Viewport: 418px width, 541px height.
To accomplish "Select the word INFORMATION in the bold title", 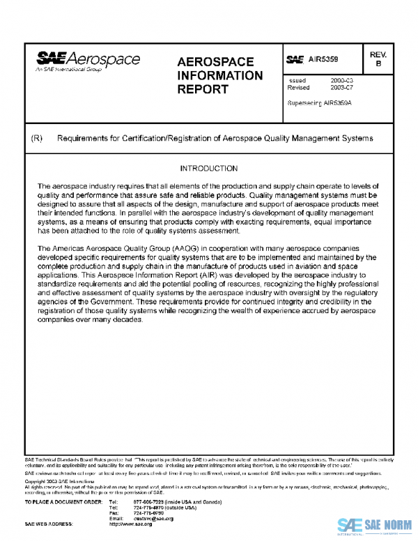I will tap(220, 75).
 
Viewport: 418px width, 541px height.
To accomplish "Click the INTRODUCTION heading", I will tap(208, 169).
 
